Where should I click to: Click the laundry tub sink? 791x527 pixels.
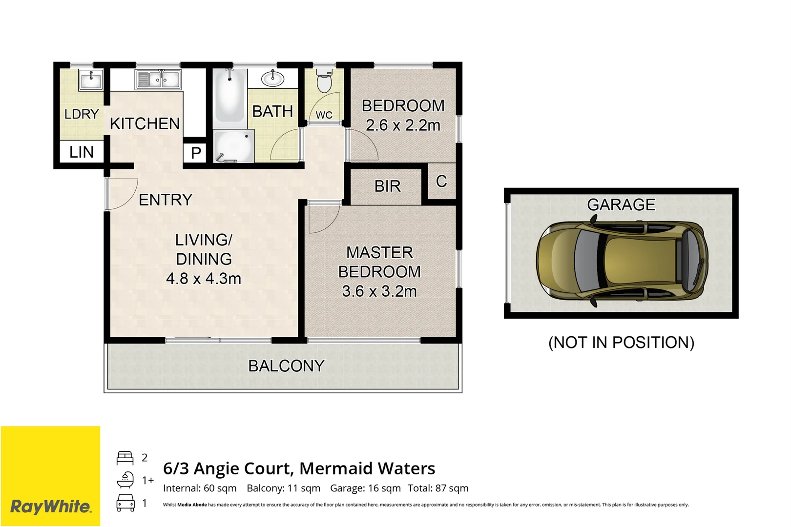tap(91, 80)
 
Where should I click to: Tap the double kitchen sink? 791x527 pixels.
tap(158, 79)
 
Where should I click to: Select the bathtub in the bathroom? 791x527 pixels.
tap(229, 96)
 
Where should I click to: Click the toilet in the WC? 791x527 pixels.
tap(324, 81)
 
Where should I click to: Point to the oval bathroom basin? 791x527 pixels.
tap(272, 78)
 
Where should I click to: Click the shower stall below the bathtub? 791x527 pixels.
tap(234, 146)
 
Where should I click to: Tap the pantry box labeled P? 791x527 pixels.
tap(196, 153)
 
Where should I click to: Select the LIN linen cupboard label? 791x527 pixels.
tap(81, 152)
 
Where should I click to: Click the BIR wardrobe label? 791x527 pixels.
tap(387, 186)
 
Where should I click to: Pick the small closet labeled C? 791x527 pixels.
tap(441, 182)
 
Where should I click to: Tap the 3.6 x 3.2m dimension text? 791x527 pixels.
tap(379, 291)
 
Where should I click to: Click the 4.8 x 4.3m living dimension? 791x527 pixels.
tap(204, 279)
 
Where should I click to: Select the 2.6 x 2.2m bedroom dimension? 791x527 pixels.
tap(403, 125)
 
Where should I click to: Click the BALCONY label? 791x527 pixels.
tap(286, 366)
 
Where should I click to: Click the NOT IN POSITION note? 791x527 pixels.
tap(621, 343)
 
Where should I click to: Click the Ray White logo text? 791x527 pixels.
tap(51, 507)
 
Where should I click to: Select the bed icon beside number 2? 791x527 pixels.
tap(125, 458)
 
